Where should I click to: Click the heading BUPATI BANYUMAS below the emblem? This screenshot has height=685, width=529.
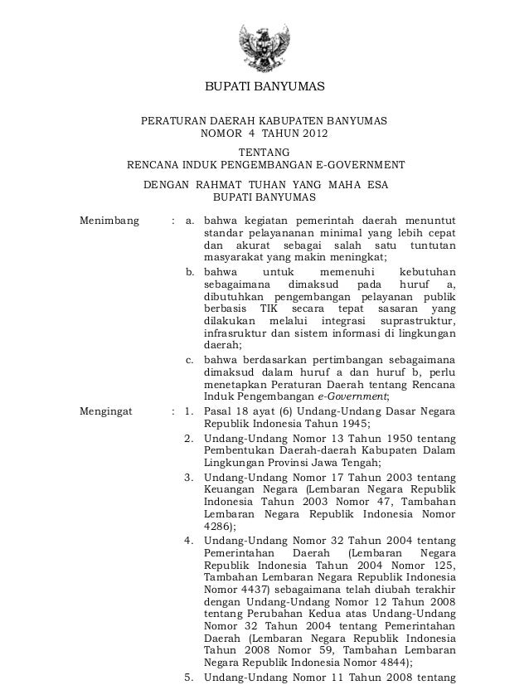264,89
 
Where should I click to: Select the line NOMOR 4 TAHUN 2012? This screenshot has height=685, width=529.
264,134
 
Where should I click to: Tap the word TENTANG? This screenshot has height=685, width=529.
264,152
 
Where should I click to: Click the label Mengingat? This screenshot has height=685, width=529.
105,410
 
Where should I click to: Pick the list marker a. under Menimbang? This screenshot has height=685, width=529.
190,221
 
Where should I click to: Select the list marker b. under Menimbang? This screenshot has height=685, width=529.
190,271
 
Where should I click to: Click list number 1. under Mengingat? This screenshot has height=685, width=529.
190,410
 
